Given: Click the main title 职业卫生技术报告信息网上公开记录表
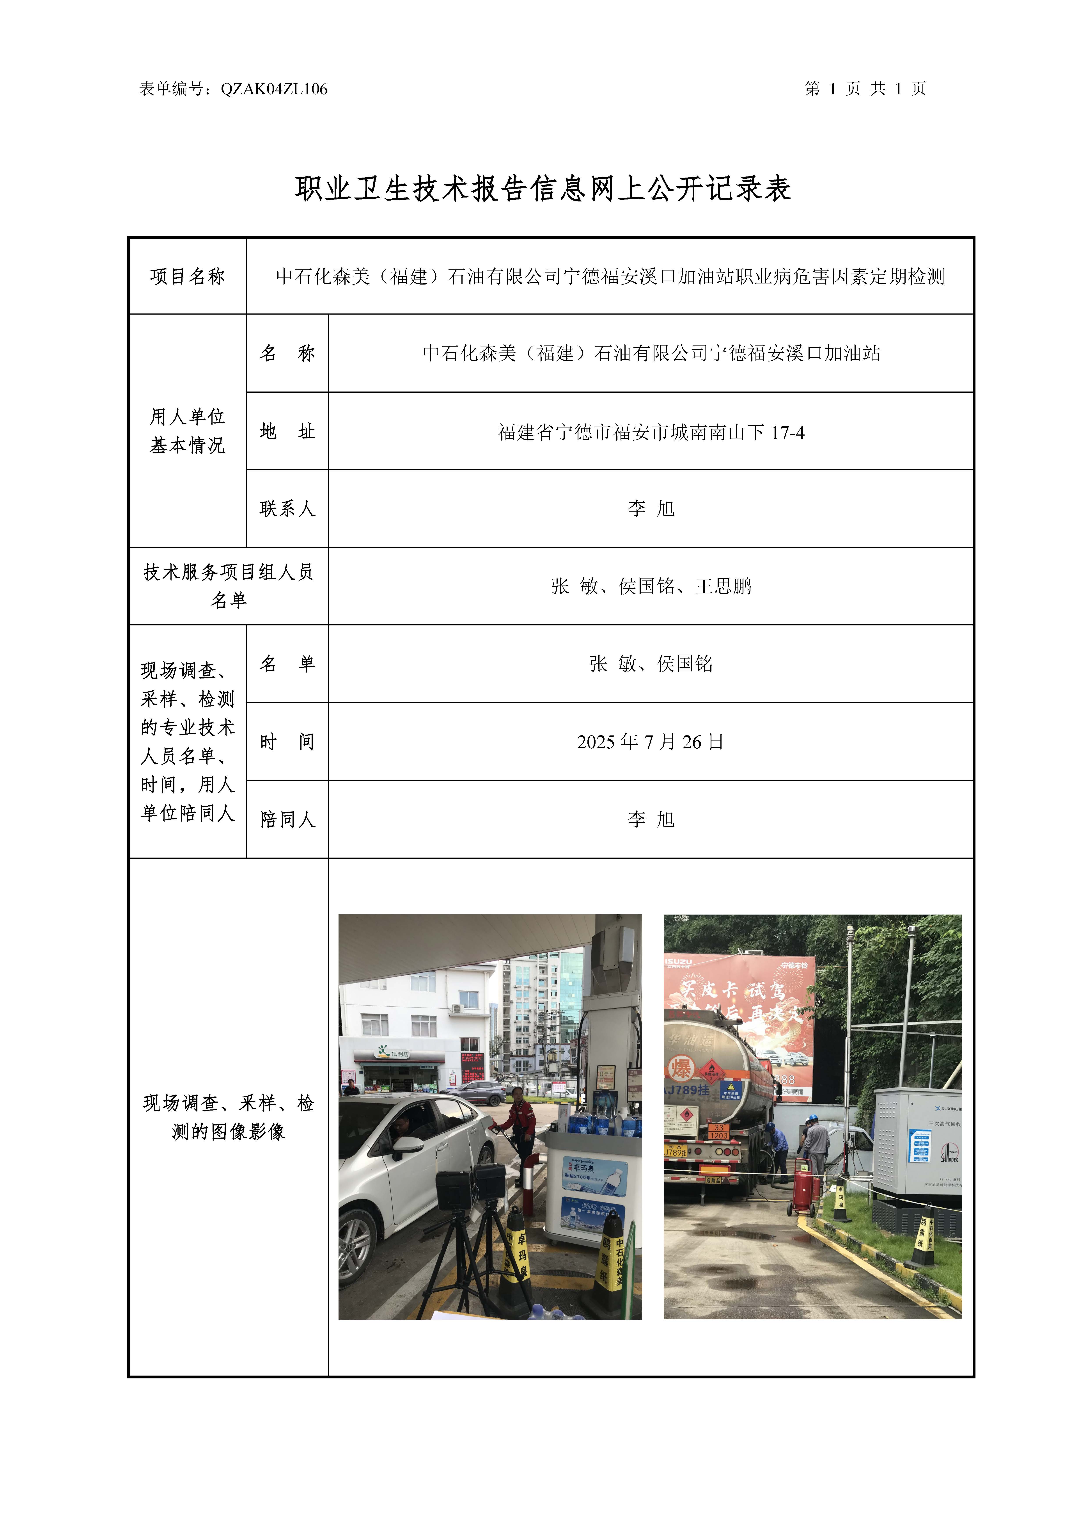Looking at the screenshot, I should point(543,189).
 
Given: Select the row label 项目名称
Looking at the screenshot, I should point(188,276).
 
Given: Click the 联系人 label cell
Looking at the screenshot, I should point(287,508).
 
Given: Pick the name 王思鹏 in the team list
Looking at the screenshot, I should point(723,586).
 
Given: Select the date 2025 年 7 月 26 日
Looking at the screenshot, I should point(650,742).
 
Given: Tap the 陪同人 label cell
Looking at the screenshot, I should point(287,819).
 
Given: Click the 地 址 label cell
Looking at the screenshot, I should point(287,431).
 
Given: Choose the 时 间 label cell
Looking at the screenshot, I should point(287,742).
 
